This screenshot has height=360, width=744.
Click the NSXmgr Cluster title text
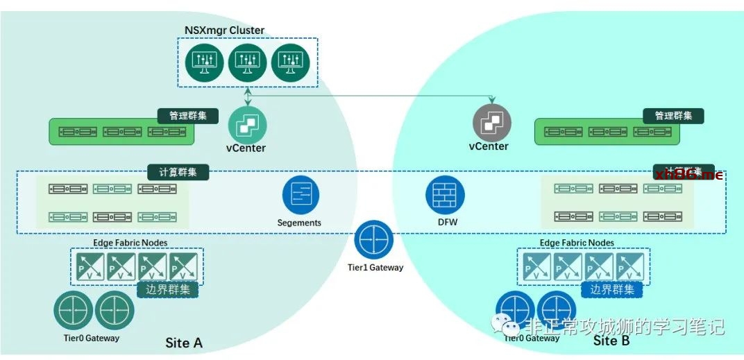pyautogui.click(x=224, y=31)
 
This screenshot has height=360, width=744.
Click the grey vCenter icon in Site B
pyautogui.click(x=491, y=123)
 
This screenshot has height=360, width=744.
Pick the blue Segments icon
pyautogui.click(x=301, y=195)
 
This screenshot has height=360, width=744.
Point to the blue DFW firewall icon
pyautogui.click(x=445, y=195)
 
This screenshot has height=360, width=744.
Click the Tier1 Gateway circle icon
pyautogui.click(x=374, y=240)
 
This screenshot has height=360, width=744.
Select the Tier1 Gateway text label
pyautogui.click(x=375, y=268)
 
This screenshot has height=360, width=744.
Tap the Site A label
pyautogui.click(x=184, y=343)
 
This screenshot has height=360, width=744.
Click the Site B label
pyautogui.click(x=611, y=341)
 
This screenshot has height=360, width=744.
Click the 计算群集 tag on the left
pyautogui.click(x=178, y=171)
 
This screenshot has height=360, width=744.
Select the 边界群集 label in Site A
pyautogui.click(x=167, y=289)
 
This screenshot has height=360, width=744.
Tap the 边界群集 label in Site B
pyautogui.click(x=611, y=289)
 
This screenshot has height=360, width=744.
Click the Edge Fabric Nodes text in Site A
pyautogui.click(x=130, y=243)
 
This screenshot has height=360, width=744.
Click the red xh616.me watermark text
pyautogui.click(x=688, y=174)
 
